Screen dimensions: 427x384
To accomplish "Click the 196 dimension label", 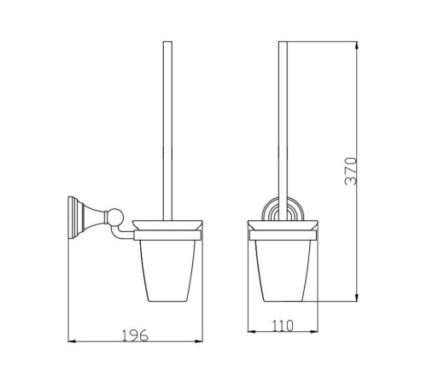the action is tap(135, 335).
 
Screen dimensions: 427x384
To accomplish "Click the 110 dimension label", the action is tap(283, 326).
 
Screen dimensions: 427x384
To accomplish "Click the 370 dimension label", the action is tap(351, 172).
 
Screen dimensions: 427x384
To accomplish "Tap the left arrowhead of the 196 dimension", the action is tap(72, 341).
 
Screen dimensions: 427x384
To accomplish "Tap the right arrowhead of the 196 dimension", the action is tap(199, 341).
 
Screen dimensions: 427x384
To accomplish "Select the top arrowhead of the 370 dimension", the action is tap(356, 45).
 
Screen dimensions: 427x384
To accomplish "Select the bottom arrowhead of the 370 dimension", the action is tap(356, 298).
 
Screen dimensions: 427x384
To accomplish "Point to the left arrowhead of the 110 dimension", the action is tap(252, 331).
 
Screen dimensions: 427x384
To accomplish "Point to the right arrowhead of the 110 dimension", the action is tap(314, 331).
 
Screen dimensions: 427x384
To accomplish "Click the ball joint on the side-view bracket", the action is tap(116, 217).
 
